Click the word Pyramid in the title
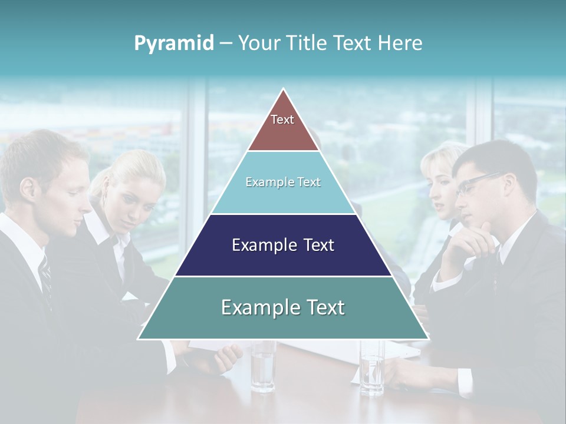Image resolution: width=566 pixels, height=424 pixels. coord(173,44)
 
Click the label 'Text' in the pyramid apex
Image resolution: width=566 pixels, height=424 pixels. coord(282,120)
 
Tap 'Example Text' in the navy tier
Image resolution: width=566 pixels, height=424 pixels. coord(283,245)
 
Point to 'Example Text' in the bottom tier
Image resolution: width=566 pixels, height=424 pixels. coord(283,307)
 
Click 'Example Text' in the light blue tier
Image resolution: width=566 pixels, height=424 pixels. coord(283,182)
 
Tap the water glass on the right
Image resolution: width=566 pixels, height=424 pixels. coord(372,368)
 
